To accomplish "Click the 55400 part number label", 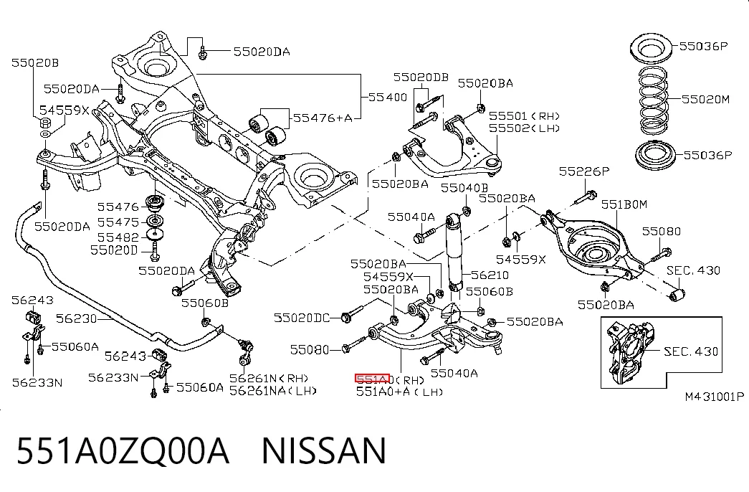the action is tap(387, 97).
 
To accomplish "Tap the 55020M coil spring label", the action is tap(705, 100).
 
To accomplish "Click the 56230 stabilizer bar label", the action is tap(77, 318).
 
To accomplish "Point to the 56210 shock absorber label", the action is tap(490, 275).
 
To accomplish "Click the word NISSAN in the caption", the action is tap(324, 451).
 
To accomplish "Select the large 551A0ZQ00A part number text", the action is tap(123, 451).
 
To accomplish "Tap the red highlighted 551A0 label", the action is tap(373, 379).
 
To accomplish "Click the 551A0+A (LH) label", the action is tap(399, 392).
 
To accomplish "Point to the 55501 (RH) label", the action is tap(524, 116).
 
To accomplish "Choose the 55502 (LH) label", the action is tap(524, 128).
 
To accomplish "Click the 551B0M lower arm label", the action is tap(624, 204).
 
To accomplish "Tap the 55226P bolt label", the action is tap(584, 171).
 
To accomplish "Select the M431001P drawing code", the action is tap(714, 397).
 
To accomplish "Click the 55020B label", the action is tap(35, 62).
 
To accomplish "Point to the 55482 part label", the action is tap(118, 237).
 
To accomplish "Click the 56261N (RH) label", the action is tap(269, 378).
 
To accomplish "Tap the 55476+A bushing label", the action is tap(323, 118).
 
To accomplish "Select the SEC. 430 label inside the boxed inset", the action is tap(691, 352).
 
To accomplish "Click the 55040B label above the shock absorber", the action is tap(464, 188).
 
